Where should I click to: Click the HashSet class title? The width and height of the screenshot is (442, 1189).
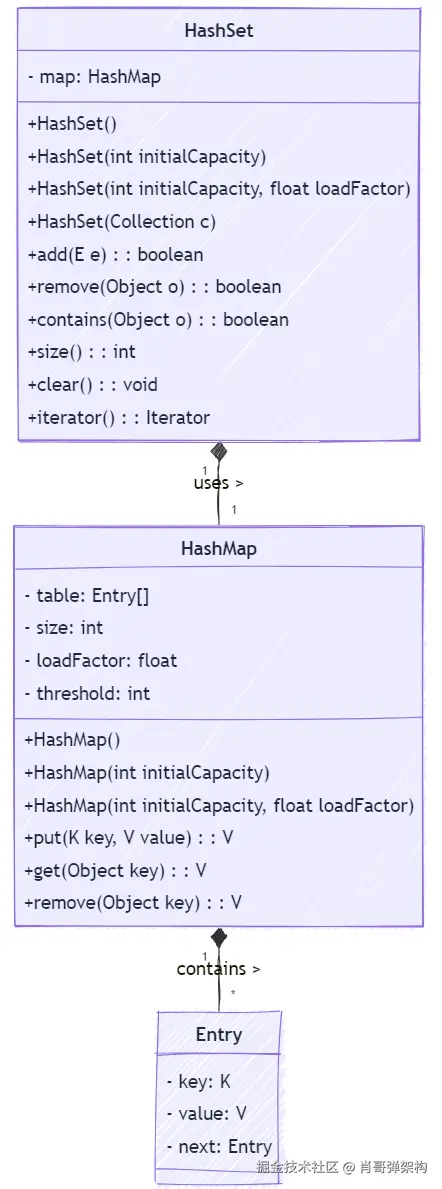pyautogui.click(x=219, y=31)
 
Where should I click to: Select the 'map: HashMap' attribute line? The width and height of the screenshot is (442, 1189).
pyautogui.click(x=94, y=77)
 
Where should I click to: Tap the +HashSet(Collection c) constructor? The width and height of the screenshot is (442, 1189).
pyautogui.click(x=122, y=222)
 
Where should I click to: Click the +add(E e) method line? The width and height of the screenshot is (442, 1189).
pyautogui.click(x=115, y=255)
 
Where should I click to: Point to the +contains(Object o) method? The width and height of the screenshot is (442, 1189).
pyautogui.click(x=158, y=320)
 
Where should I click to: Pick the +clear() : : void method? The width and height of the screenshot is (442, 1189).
pyautogui.click(x=92, y=385)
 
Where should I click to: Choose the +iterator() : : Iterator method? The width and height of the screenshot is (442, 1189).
pyautogui.click(x=118, y=418)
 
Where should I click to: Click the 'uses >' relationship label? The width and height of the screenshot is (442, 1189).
pyautogui.click(x=218, y=483)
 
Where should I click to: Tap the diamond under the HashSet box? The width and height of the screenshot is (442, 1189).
pyautogui.click(x=219, y=452)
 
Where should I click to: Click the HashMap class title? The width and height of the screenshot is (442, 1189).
pyautogui.click(x=219, y=549)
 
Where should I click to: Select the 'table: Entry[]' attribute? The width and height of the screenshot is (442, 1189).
pyautogui.click(x=87, y=596)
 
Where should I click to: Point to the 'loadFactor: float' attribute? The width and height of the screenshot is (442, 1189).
pyautogui.click(x=101, y=660)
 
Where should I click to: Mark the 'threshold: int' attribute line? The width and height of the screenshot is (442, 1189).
pyautogui.click(x=88, y=693)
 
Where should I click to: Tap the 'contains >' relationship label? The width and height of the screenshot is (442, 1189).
pyautogui.click(x=218, y=969)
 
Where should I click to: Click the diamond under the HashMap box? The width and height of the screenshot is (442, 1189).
pyautogui.click(x=219, y=938)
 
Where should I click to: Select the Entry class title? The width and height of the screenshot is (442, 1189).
pyautogui.click(x=219, y=1035)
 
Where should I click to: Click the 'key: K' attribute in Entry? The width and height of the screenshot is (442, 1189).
pyautogui.click(x=199, y=1082)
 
